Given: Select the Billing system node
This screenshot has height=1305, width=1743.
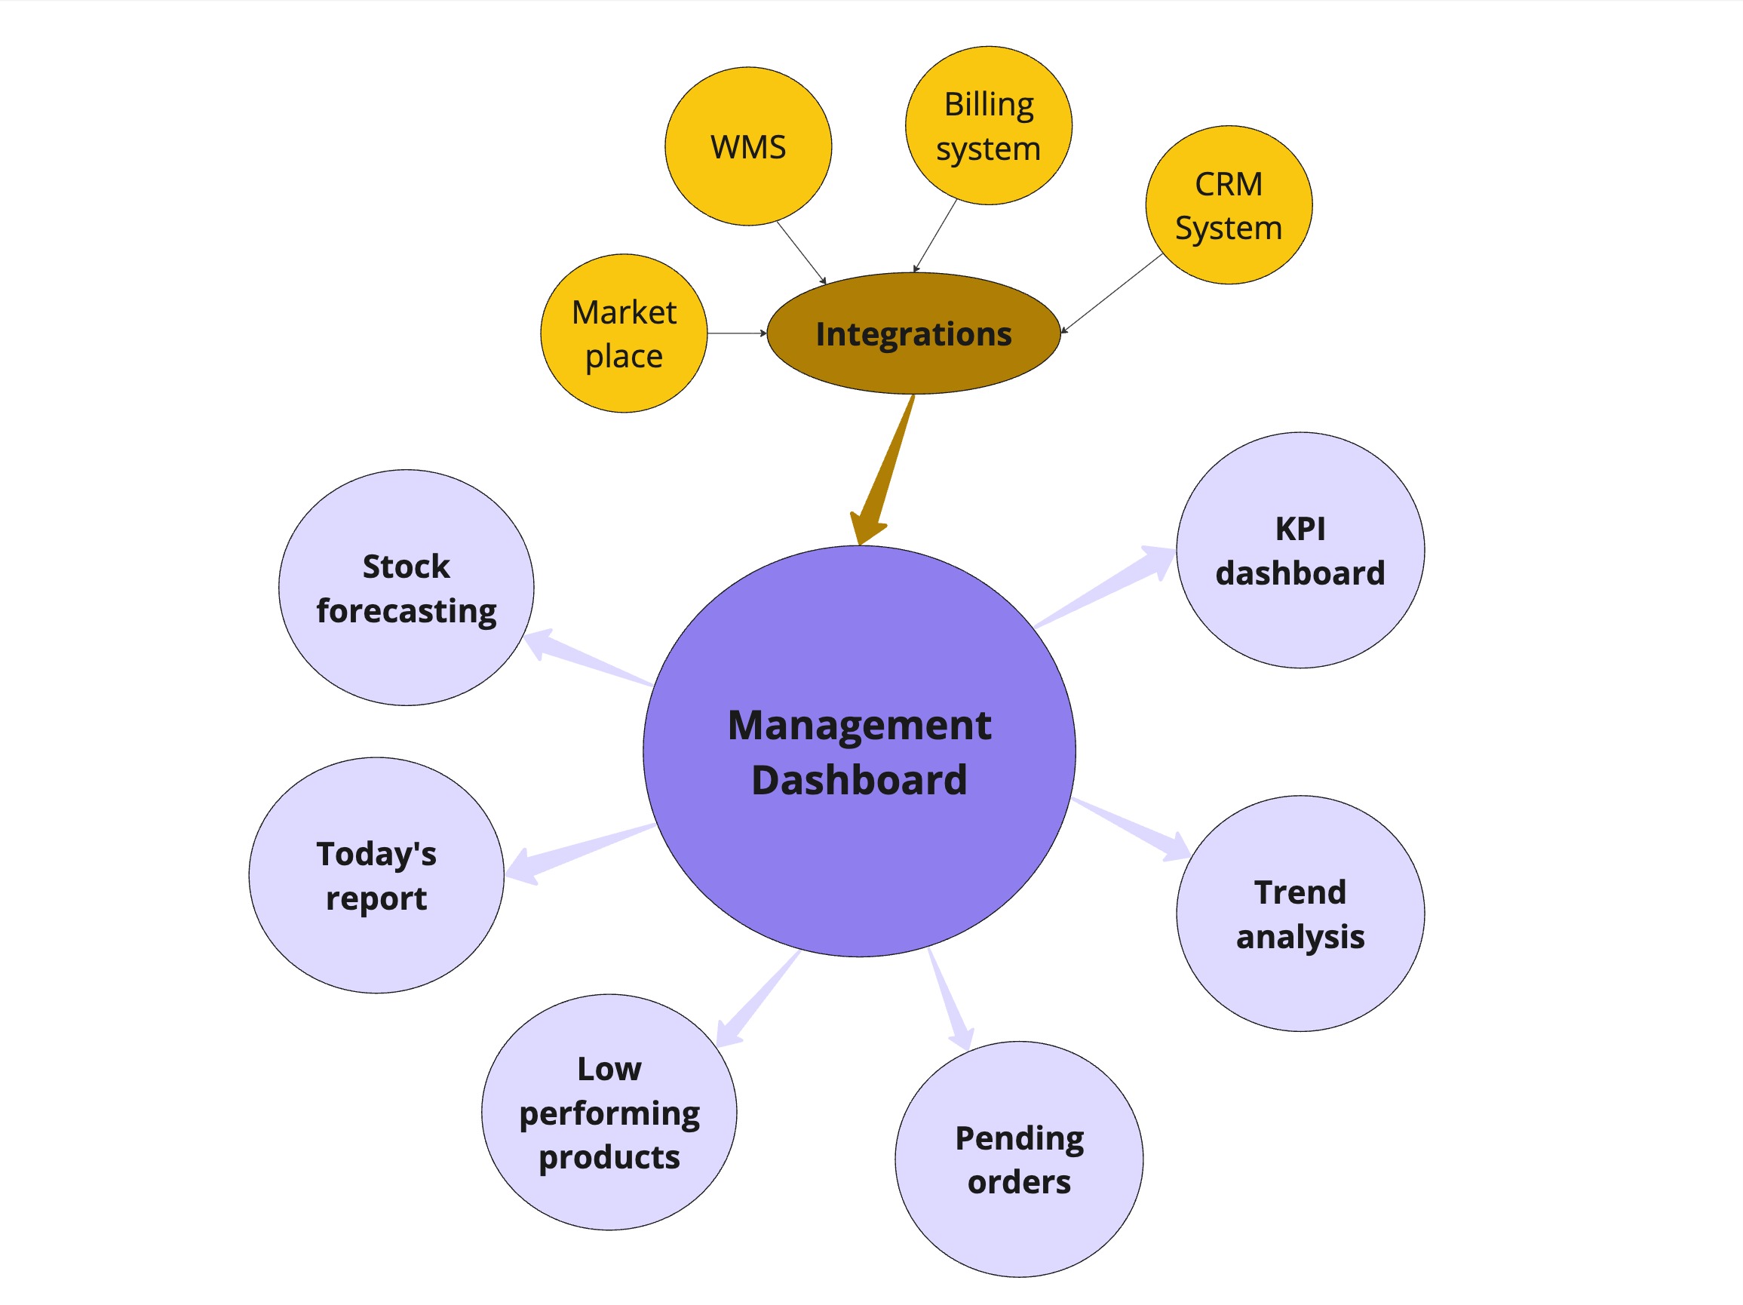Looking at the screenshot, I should pos(988,126).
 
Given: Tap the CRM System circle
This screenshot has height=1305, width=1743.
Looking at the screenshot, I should pos(1229,205).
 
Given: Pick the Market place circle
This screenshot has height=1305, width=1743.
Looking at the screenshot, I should pos(623,333).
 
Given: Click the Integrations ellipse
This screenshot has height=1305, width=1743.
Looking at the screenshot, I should pos(913,334).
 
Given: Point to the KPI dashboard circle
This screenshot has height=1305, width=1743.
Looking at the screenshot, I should pos(1300,550).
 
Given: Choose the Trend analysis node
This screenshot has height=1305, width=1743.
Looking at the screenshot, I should pos(1300,914).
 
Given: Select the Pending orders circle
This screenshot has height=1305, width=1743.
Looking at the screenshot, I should pos(1019,1159).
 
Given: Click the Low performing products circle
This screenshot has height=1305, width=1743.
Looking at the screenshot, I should pos(609,1112).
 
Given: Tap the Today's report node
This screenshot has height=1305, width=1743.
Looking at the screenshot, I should pos(376,876).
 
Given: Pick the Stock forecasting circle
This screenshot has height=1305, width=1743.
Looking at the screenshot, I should pos(406,588).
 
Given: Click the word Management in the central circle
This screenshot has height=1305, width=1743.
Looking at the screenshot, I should pos(859,725).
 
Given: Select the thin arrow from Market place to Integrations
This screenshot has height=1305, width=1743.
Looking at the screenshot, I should pos(736,333).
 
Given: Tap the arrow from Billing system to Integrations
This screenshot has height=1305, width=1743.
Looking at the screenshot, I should pos(935,234).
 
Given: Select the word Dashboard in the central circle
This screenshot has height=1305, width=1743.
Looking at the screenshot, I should pos(859,780).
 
